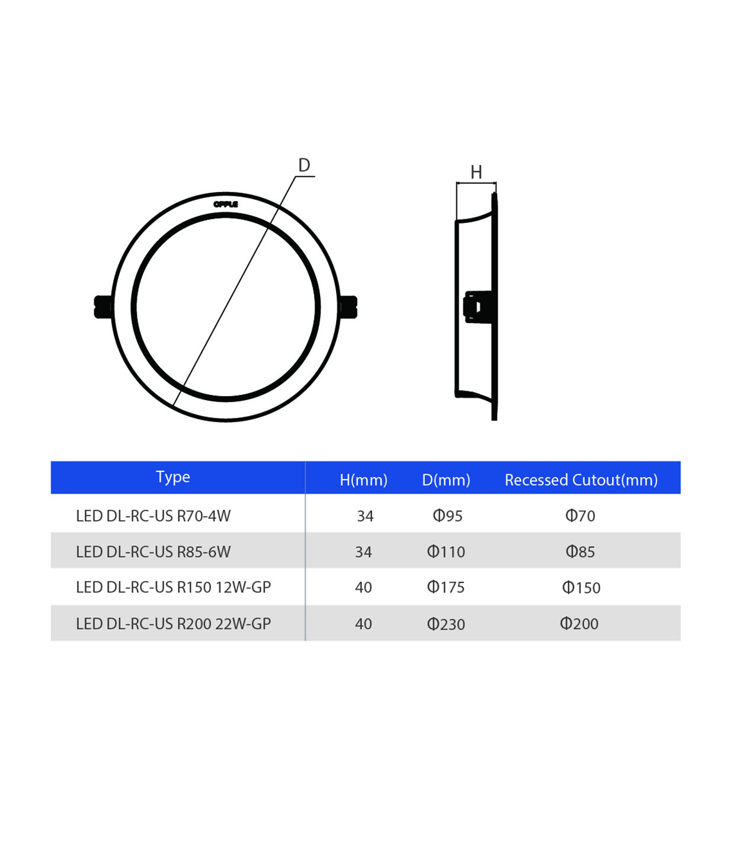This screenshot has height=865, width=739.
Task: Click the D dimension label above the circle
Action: click(304, 165)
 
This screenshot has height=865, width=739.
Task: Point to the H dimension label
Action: click(476, 172)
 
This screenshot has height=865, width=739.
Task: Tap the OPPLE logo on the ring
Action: click(226, 204)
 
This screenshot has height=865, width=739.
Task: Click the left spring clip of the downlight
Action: click(103, 307)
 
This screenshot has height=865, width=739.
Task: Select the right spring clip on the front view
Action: click(348, 307)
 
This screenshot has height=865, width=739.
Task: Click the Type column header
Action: click(172, 477)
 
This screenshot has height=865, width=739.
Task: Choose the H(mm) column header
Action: click(363, 480)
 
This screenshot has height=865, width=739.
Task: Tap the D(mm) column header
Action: click(446, 480)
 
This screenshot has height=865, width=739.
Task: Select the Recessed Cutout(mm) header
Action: click(581, 480)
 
